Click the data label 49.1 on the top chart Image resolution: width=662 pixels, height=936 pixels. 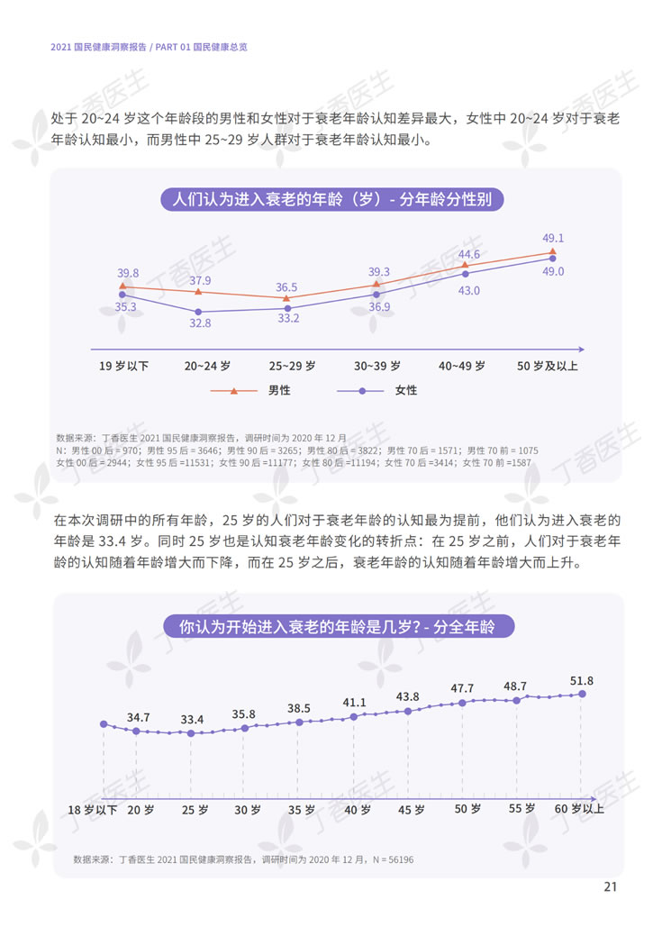click(x=552, y=238)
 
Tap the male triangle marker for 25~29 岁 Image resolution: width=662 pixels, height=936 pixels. click(x=286, y=298)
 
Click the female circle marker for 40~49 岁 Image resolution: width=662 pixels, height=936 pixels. click(x=465, y=274)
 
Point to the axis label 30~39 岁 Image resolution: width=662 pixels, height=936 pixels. click(x=379, y=366)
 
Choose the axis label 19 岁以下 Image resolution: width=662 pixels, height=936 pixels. click(x=123, y=366)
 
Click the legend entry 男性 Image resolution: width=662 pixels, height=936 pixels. click(x=278, y=391)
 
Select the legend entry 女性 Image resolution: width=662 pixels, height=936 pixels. click(x=405, y=391)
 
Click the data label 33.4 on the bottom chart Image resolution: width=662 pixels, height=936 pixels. click(x=192, y=719)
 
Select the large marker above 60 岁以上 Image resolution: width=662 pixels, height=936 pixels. click(x=583, y=694)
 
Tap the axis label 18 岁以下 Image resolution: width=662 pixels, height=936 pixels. click(x=94, y=809)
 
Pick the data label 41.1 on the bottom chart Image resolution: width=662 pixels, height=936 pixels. click(x=354, y=703)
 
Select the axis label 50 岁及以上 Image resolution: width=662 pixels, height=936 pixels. click(x=548, y=366)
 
